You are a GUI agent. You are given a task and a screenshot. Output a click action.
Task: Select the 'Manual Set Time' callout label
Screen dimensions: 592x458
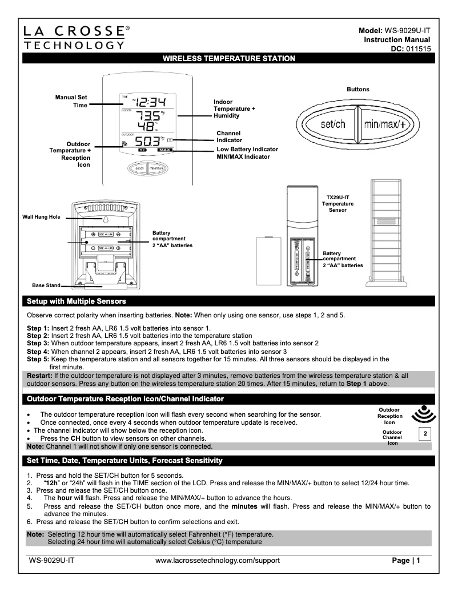tap(71, 101)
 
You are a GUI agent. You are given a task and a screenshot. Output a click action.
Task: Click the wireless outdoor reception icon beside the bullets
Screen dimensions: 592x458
tap(423, 413)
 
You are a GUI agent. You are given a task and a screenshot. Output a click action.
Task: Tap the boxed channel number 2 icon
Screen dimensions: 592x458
tap(424, 434)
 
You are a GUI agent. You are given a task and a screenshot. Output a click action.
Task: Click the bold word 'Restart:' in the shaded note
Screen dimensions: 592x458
tap(41, 375)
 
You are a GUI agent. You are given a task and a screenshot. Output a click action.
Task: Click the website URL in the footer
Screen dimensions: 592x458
tap(218, 560)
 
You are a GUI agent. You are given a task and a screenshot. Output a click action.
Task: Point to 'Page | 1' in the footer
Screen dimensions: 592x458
tap(406, 560)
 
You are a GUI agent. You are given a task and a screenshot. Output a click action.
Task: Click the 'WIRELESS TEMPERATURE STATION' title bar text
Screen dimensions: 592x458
tap(229, 58)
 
